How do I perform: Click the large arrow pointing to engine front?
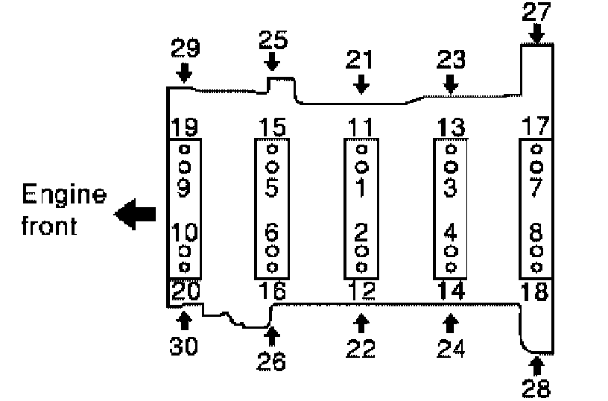(135, 214)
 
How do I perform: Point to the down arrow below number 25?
(273, 60)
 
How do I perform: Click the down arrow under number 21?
(361, 83)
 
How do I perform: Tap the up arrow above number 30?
(185, 321)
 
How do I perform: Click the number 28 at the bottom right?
(536, 388)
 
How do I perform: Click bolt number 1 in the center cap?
(361, 189)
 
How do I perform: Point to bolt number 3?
(449, 189)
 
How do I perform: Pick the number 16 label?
(272, 291)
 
